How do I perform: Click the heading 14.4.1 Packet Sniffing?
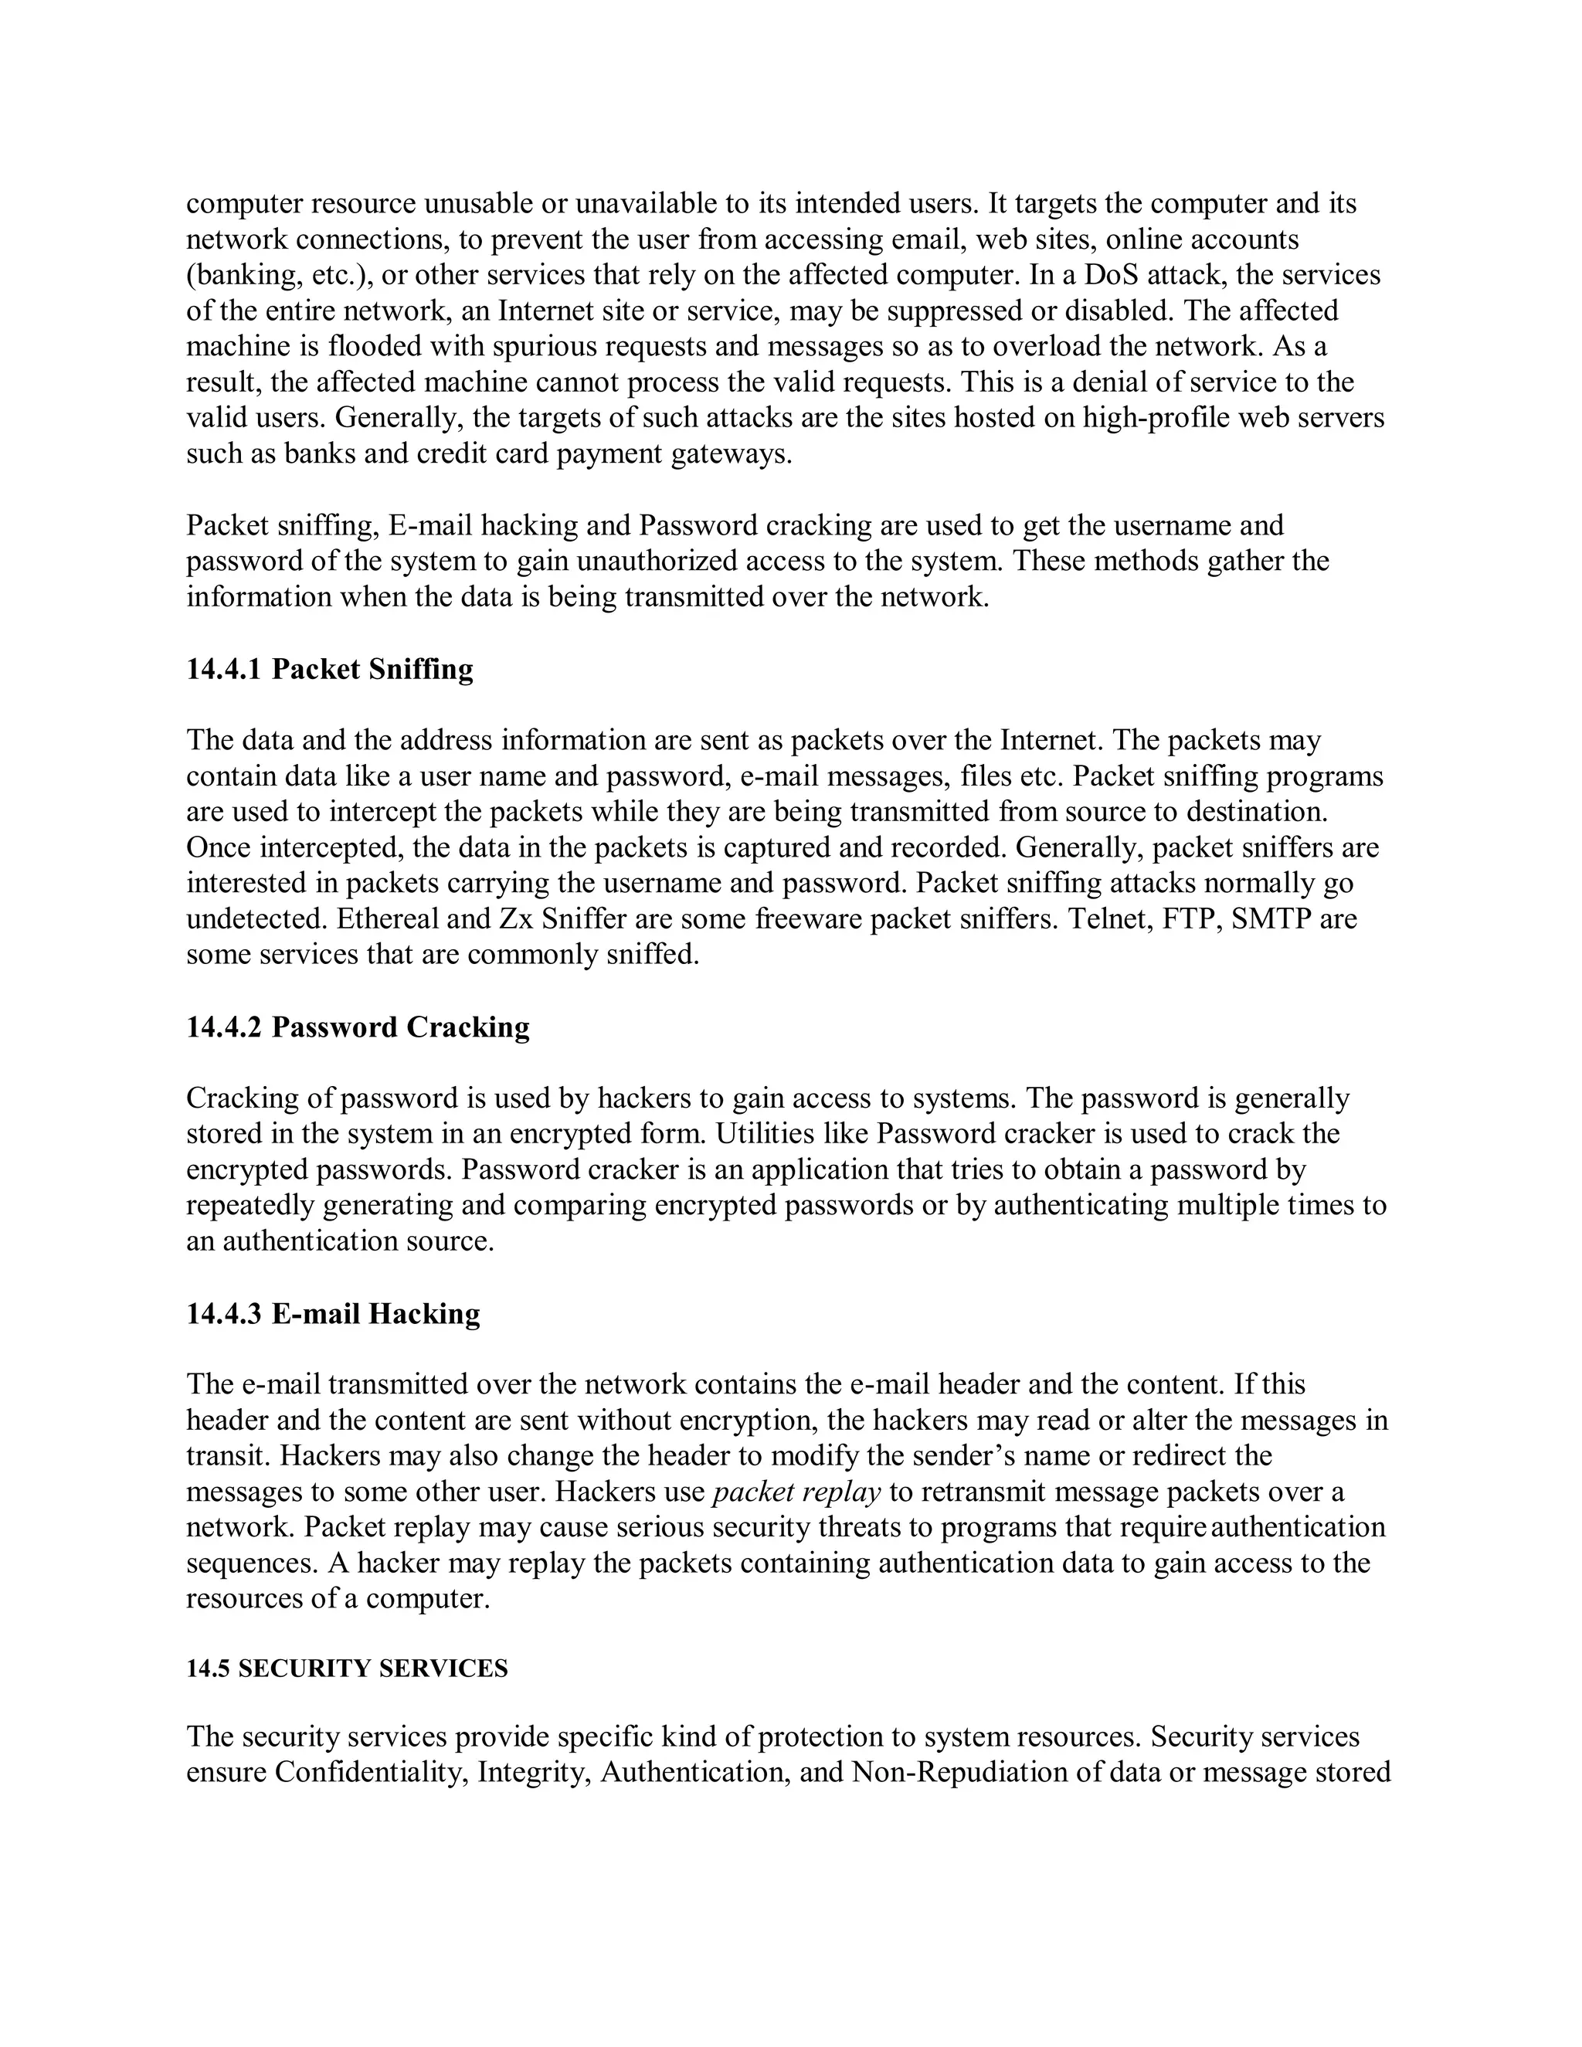point(330,669)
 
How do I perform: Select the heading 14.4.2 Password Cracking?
point(358,1027)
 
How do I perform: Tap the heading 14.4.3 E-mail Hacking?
point(333,1314)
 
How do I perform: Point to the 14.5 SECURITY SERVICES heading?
point(347,1669)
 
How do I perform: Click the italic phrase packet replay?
point(796,1492)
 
